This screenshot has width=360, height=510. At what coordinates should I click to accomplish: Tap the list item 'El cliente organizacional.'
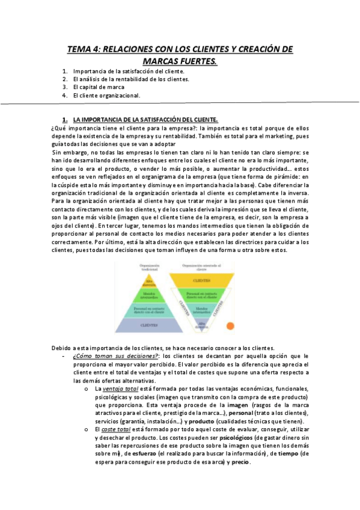106,95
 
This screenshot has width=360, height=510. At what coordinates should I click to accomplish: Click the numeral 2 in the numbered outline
65,79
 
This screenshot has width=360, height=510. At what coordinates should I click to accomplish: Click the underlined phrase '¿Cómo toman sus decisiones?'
111,356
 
